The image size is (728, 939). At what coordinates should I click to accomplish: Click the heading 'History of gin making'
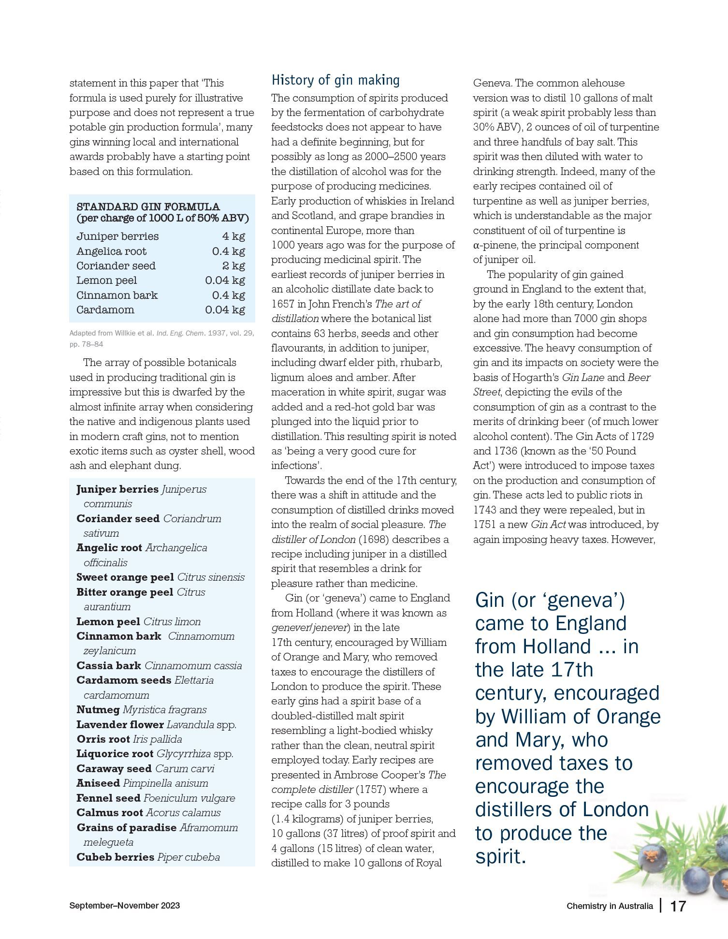click(335, 80)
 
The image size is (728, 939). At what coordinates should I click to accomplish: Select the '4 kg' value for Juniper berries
click(233, 236)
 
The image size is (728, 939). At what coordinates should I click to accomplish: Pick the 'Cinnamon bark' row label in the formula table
click(117, 295)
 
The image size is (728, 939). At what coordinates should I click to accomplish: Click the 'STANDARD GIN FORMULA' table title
click(148, 207)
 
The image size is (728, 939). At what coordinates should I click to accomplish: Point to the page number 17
click(678, 906)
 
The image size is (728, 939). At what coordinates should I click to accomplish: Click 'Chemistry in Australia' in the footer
click(610, 906)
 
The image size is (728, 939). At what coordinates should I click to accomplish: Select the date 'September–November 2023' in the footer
click(125, 905)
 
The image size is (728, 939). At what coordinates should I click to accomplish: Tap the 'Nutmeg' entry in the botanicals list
click(98, 710)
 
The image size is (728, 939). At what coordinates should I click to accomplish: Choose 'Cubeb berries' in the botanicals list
click(115, 857)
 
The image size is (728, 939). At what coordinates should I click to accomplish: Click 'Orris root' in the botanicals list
click(103, 739)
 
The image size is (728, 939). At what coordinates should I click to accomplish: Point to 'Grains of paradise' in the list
click(126, 827)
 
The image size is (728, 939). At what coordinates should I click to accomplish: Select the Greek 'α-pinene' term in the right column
click(494, 245)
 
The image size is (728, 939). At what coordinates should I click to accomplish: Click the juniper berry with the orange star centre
click(652, 858)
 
